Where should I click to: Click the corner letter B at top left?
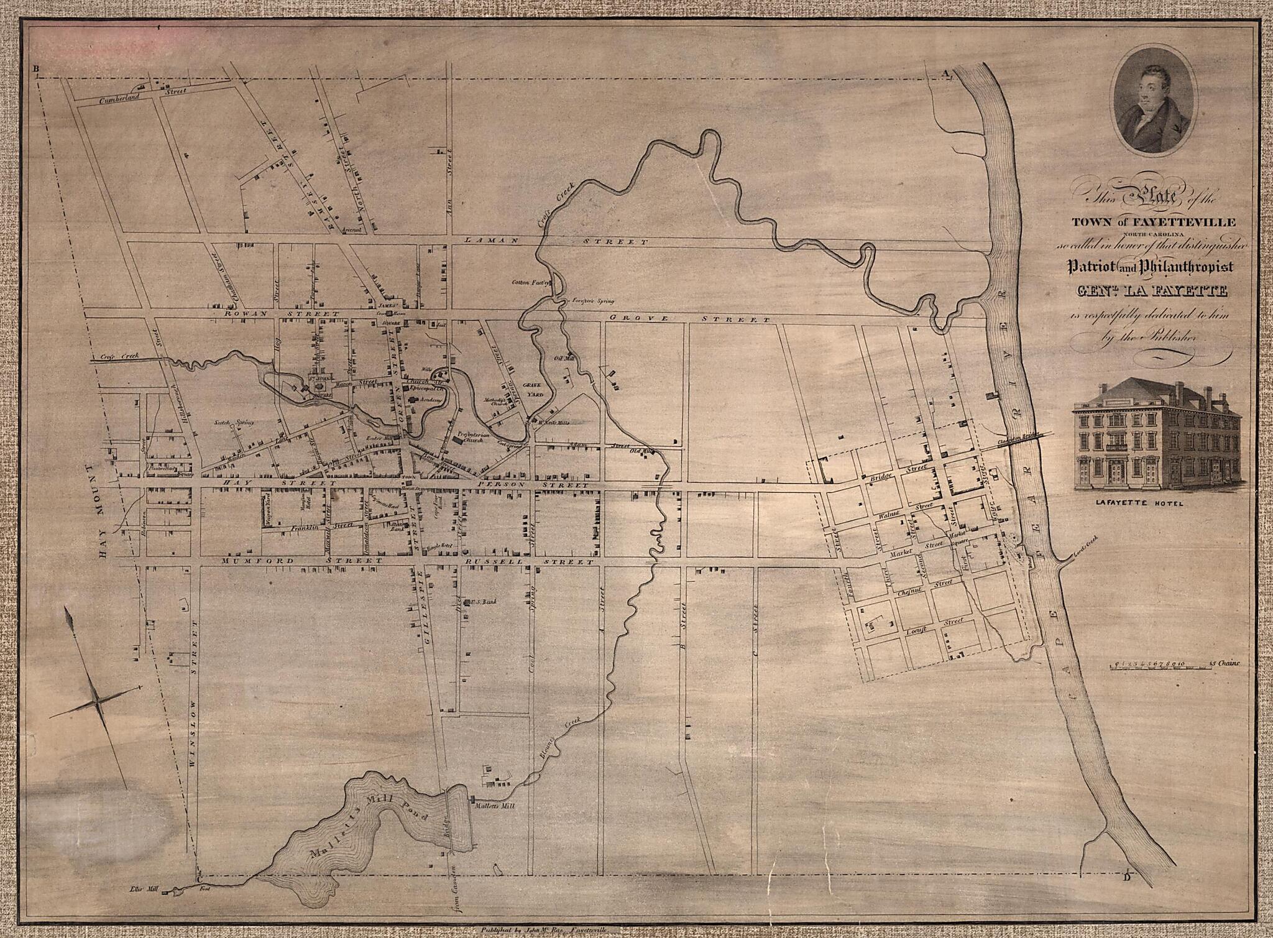tap(37, 69)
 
